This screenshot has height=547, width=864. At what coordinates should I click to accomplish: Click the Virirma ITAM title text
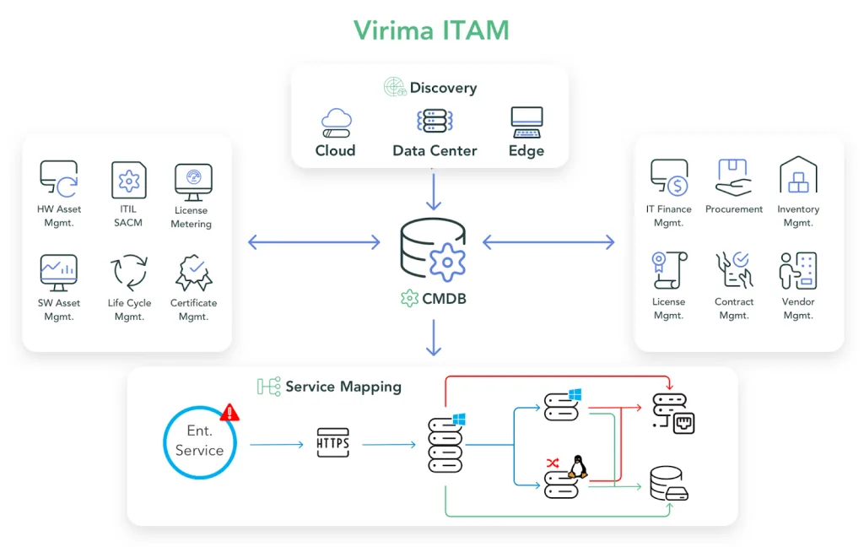(x=431, y=30)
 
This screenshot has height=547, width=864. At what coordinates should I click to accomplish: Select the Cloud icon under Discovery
(x=336, y=123)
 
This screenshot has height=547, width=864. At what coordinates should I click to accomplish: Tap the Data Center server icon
(x=435, y=122)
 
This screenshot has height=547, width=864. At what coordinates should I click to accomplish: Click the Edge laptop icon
(x=526, y=122)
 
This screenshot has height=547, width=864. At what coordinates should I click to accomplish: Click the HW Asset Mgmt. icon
(x=59, y=179)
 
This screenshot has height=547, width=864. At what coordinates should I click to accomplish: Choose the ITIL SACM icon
(x=128, y=180)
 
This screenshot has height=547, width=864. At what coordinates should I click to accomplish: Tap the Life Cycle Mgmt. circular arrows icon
(x=129, y=273)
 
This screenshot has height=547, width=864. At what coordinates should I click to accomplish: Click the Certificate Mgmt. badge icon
(x=193, y=273)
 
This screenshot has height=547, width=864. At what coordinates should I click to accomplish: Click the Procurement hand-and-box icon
(x=733, y=177)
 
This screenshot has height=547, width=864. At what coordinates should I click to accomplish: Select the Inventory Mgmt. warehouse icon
(x=797, y=176)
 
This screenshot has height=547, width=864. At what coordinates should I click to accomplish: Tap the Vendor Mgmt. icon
(x=797, y=270)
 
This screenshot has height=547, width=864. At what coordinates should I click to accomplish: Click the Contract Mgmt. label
(x=734, y=308)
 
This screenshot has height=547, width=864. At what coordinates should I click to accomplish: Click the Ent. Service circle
(x=200, y=441)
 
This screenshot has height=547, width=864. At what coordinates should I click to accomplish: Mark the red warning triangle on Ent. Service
(x=229, y=412)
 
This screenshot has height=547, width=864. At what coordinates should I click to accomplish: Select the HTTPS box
(x=332, y=443)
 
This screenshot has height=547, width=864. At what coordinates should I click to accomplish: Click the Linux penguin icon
(x=578, y=467)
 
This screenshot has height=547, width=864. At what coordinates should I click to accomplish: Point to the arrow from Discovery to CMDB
(x=433, y=192)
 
